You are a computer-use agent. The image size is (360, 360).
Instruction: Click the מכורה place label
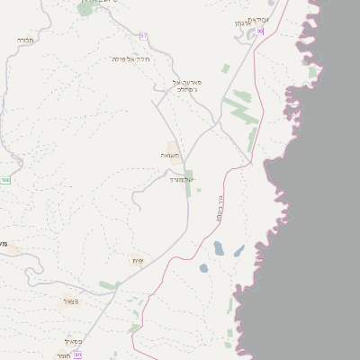point(24,40)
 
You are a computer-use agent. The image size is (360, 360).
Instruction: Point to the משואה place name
point(170,156)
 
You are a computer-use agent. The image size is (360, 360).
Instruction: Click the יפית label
point(138,261)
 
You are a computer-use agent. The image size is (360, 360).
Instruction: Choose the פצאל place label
point(70,301)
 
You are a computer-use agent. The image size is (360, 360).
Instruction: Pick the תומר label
point(63,355)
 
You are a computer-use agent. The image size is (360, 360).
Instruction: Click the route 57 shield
point(143,35)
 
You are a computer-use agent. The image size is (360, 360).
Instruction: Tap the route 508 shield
point(5,180)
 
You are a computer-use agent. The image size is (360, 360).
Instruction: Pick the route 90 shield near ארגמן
point(259,31)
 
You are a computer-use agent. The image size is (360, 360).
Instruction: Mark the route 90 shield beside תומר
point(78,355)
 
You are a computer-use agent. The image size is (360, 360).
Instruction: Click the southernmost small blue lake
point(203,268)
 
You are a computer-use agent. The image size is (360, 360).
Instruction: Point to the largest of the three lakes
point(218,248)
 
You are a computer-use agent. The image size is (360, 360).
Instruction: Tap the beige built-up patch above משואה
point(172,147)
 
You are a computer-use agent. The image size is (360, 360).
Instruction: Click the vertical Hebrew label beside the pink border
point(220,210)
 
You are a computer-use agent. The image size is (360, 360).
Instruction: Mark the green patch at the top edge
point(87,7)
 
